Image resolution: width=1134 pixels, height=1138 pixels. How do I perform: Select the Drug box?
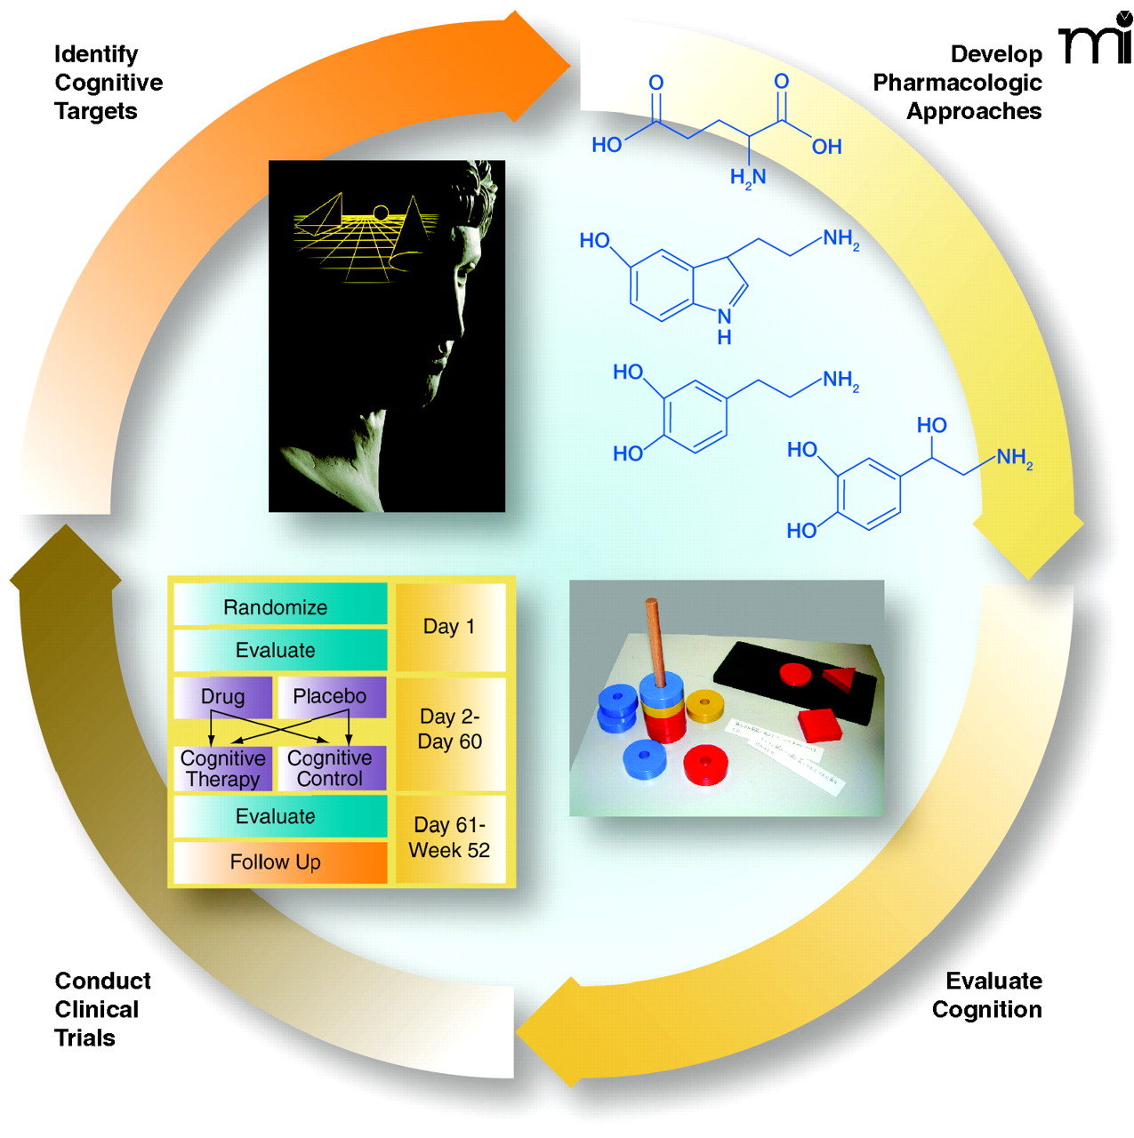point(222,697)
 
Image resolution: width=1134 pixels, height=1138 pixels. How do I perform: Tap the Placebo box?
point(331,697)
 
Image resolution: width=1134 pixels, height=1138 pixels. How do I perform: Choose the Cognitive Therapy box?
point(222,769)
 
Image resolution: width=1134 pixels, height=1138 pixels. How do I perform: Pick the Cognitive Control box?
point(331,769)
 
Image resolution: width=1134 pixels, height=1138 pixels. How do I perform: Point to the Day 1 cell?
point(450,627)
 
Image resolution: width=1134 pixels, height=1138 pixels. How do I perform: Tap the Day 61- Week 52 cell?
point(450,838)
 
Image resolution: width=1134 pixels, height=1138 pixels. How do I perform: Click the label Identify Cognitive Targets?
point(108,83)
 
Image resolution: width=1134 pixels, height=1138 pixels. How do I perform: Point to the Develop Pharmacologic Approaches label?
point(958,83)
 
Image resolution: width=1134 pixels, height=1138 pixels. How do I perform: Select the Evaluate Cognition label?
point(987,995)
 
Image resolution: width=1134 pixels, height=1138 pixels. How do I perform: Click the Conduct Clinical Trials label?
point(102,1009)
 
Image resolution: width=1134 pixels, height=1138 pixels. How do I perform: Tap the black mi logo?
point(1096,39)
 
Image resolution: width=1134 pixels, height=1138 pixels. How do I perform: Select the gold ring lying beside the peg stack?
point(704,705)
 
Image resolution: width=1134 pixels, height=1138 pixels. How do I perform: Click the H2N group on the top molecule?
point(748,178)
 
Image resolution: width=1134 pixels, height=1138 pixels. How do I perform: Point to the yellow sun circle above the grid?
point(381,213)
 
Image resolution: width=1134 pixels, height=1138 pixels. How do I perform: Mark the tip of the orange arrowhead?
point(569,64)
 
